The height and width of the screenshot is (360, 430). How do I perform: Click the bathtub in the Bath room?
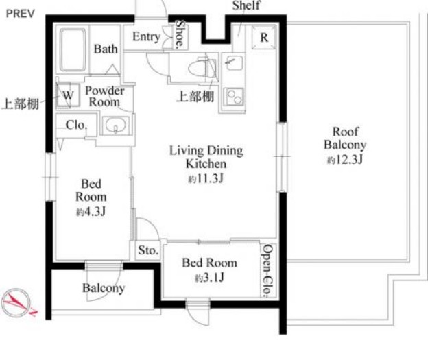point(73,49)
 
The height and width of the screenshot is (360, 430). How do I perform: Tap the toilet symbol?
point(202,69)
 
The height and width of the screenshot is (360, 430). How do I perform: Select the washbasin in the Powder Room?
point(115,125)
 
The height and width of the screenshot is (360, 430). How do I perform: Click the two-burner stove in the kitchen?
point(234,97)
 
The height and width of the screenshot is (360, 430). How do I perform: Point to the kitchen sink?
point(233,63)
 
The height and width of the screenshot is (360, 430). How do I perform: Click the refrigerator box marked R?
point(264,37)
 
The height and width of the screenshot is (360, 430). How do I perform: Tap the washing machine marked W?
point(68,95)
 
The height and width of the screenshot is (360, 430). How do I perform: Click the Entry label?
point(147,37)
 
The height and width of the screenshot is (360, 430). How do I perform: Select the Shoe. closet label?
point(180,34)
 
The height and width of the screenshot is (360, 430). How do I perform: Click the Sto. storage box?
point(148,250)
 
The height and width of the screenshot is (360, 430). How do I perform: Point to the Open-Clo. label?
point(268,271)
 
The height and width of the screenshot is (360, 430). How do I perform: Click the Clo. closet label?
point(77,125)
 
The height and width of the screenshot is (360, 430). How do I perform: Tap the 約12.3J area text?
point(345,159)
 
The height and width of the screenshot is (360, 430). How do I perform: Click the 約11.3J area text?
point(206,179)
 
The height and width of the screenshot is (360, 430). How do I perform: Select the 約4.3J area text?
point(91,211)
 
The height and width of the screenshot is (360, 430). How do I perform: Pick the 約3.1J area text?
point(210,278)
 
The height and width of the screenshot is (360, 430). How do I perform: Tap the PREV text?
point(21,14)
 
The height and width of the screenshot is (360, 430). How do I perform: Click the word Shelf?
point(246,5)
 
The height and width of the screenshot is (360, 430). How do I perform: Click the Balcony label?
point(104,288)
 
